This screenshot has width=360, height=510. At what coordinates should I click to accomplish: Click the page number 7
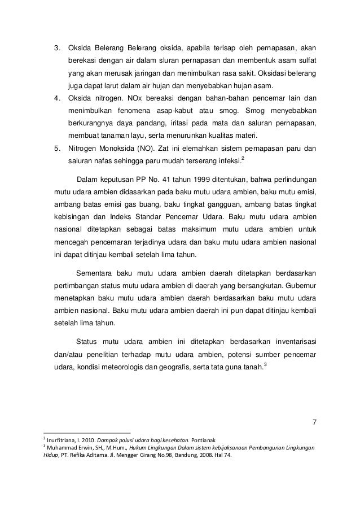tap(314, 423)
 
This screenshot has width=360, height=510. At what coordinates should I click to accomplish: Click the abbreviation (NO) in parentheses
tap(143, 150)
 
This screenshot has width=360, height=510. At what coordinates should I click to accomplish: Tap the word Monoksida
tap(116, 150)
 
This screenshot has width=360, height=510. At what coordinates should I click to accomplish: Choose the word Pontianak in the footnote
tap(208, 441)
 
